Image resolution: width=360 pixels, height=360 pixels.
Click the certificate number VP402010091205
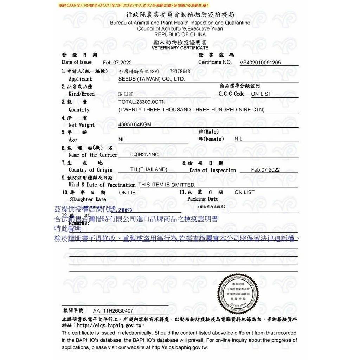(260, 63)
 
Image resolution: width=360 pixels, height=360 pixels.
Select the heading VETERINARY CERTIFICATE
(180, 48)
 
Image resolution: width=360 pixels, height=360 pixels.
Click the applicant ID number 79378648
(180, 71)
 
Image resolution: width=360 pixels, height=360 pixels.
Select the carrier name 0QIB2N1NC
(144, 155)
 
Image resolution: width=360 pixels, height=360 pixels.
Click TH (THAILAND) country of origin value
(149, 169)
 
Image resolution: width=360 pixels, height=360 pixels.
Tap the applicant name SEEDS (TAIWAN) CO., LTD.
(152, 79)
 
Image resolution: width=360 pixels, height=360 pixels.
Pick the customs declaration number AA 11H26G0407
(113, 311)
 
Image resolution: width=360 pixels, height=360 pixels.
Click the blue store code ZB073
(125, 210)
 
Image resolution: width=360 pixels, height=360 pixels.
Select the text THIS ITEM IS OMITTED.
(166, 185)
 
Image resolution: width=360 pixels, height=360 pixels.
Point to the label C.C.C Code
(231, 94)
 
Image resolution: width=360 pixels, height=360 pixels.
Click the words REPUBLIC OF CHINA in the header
(180, 34)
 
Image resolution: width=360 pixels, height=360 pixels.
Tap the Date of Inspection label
(213, 170)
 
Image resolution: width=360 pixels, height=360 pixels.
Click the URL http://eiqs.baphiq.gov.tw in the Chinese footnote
(111, 326)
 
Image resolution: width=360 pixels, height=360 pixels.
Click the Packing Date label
(202, 199)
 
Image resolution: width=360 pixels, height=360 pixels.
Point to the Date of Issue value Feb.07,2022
(117, 63)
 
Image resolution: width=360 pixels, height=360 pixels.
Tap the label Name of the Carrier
(93, 155)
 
